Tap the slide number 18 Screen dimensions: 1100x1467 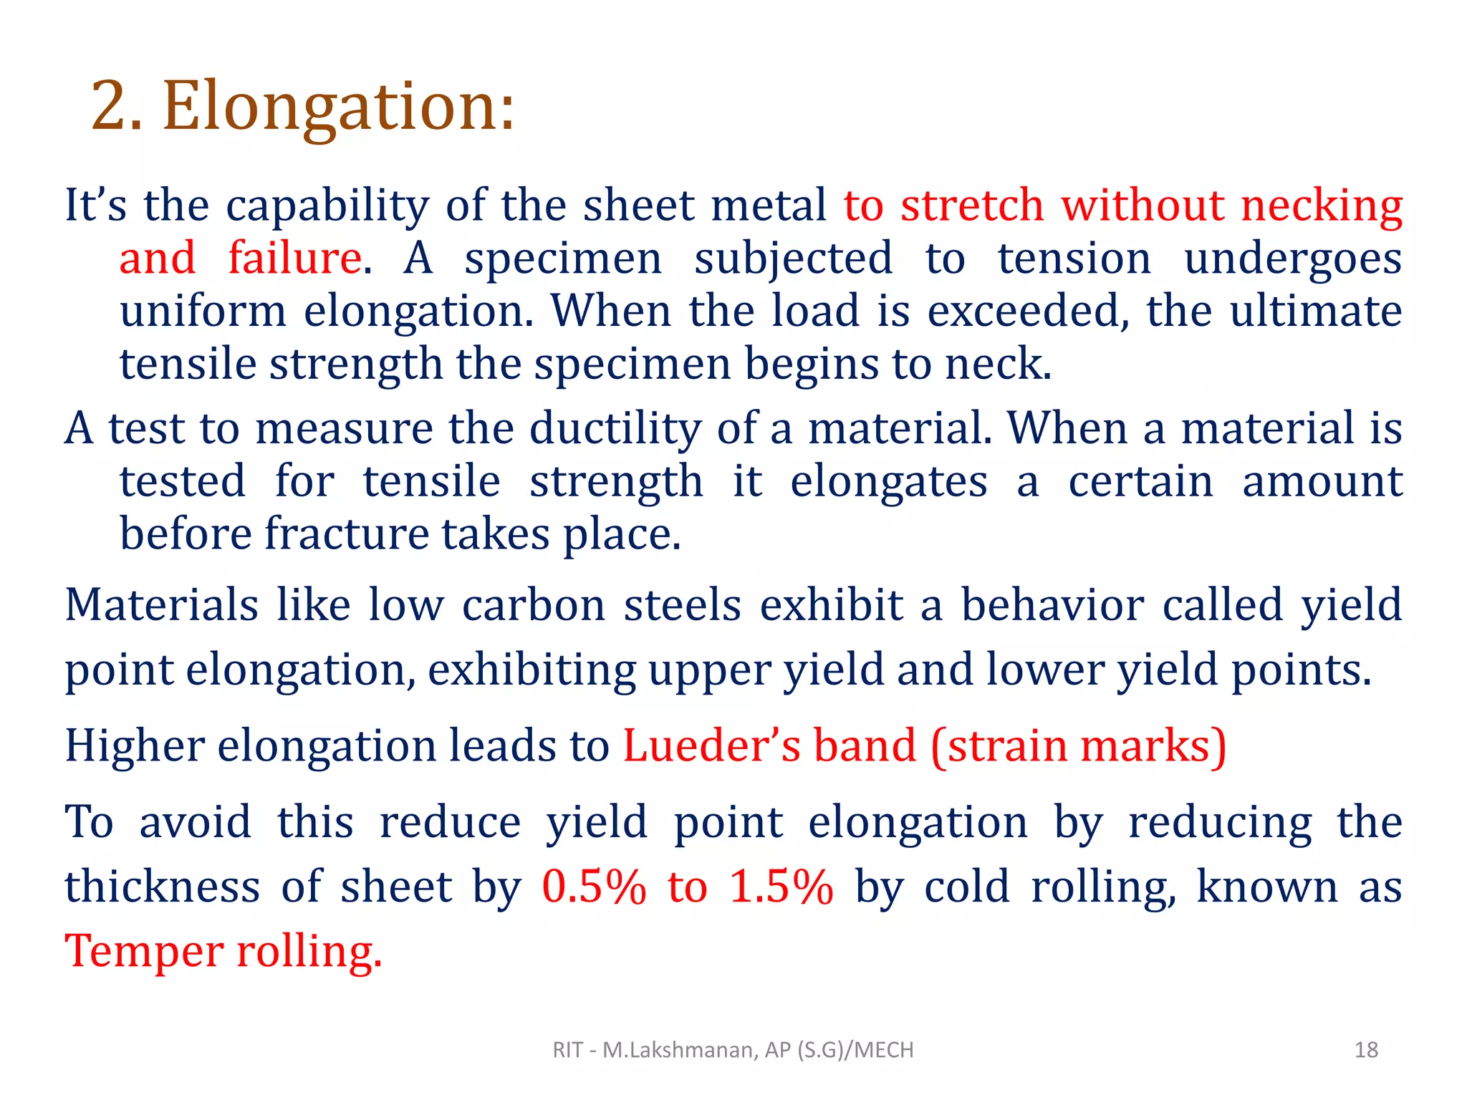tap(1366, 1050)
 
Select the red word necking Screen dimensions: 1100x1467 tap(1322, 206)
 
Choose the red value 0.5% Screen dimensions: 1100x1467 tap(593, 887)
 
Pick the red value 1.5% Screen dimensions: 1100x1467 tap(781, 887)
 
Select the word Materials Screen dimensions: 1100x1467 tap(161, 605)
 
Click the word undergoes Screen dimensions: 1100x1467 tap(1292, 259)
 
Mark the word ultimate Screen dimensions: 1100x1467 tap(1315, 312)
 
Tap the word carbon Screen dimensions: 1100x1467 tap(534, 605)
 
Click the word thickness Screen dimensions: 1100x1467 tap(162, 887)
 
